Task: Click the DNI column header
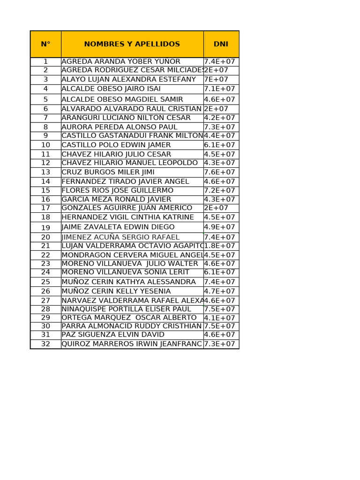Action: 221,44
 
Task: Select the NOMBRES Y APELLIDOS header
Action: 132,44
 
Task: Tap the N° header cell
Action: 45,44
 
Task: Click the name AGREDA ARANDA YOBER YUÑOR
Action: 121,61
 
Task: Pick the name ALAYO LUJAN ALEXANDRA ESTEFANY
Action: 129,79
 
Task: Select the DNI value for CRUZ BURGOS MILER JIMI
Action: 219,172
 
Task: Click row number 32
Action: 45,344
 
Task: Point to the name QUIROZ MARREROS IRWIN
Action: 132,344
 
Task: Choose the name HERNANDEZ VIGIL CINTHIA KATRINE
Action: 127,217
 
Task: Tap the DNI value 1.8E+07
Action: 219,246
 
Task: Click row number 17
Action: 45,208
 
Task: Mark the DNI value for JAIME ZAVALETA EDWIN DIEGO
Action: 219,227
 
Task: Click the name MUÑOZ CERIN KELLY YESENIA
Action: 116,291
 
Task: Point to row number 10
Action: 45,145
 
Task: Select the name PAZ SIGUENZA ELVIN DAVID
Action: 113,334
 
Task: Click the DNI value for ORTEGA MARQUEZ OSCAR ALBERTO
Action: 219,317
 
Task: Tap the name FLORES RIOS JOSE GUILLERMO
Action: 118,190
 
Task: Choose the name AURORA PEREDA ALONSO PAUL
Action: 120,127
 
